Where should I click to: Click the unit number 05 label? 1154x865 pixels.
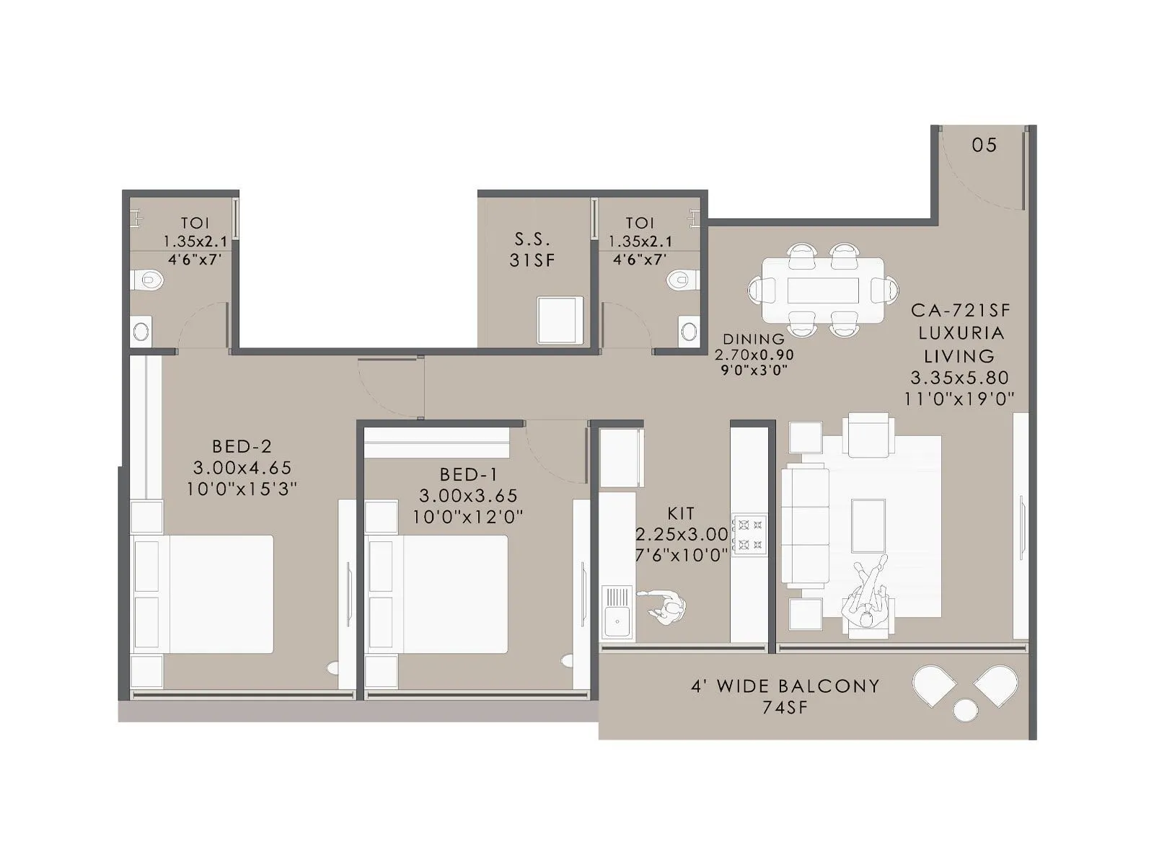[x=984, y=146]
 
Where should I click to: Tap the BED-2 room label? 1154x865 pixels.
[x=242, y=447]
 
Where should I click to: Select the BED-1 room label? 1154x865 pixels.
[x=468, y=475]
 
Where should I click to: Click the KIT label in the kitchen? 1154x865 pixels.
[x=681, y=514]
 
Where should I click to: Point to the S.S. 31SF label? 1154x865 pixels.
[x=533, y=249]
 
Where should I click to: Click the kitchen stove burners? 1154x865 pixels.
[x=750, y=534]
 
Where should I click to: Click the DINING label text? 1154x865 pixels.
[x=754, y=339]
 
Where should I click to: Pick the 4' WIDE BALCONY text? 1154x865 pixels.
[x=785, y=686]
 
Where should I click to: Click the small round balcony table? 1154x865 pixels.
[x=965, y=710]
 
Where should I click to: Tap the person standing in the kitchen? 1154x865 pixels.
[x=668, y=608]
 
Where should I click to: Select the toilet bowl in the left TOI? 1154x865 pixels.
[x=149, y=279]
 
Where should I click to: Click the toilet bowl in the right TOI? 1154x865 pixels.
[x=679, y=279]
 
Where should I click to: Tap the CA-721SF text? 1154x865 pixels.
[x=960, y=311]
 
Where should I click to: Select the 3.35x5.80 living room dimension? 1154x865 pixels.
[x=959, y=378]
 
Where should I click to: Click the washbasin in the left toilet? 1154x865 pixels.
[x=141, y=332]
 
